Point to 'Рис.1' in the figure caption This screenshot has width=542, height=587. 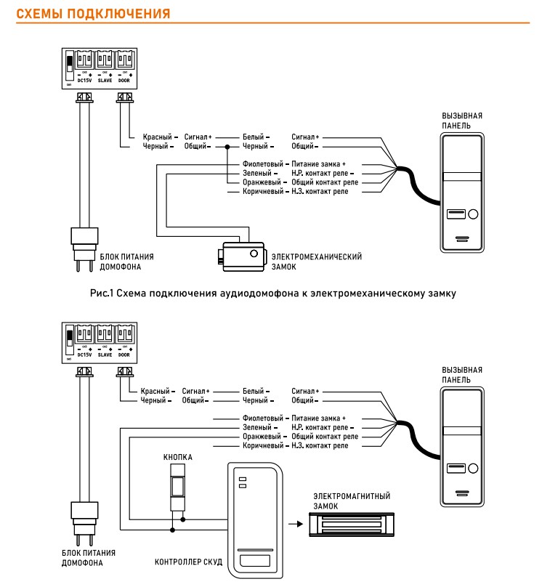pyautogui.click(x=103, y=293)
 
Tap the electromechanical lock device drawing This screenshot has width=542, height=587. pyautogui.click(x=240, y=256)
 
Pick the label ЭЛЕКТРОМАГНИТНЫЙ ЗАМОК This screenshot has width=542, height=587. pyautogui.click(x=344, y=501)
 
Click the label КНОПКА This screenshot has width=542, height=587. pyautogui.click(x=177, y=458)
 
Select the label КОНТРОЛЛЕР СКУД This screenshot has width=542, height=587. pyautogui.click(x=187, y=562)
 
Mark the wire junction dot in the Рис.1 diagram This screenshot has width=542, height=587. pyautogui.click(x=227, y=146)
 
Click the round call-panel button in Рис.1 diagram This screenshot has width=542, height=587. pyautogui.click(x=474, y=214)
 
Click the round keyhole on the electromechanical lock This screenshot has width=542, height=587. pyautogui.click(x=254, y=254)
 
